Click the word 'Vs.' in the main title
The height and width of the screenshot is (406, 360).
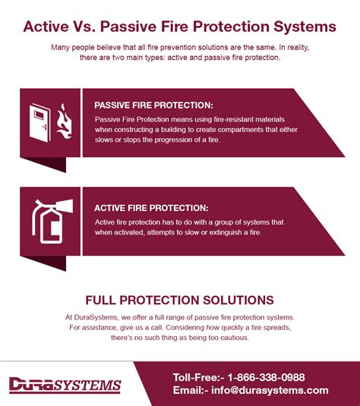tap(83, 27)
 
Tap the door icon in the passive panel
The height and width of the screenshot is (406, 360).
tap(40, 123)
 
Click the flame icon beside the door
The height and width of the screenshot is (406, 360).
tap(65, 121)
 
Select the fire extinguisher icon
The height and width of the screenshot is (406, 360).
tap(52, 222)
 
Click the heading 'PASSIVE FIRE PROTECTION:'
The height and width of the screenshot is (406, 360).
tap(153, 105)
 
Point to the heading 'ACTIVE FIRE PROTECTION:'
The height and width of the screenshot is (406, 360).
tap(151, 208)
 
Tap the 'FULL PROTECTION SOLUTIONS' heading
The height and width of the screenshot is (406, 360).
tap(179, 300)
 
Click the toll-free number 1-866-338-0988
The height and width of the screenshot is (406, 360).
tap(266, 377)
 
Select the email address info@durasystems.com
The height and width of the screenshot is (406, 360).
tap(270, 390)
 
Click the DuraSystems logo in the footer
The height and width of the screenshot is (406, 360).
tap(65, 385)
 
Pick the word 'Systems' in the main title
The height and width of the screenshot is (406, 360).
tap(305, 27)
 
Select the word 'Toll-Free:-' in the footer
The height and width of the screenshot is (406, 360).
tap(198, 377)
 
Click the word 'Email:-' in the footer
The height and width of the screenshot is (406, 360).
tap(191, 390)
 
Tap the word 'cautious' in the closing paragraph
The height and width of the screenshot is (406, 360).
tap(235, 338)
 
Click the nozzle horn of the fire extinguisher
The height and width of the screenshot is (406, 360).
tap(65, 206)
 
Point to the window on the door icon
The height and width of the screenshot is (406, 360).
tap(39, 114)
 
